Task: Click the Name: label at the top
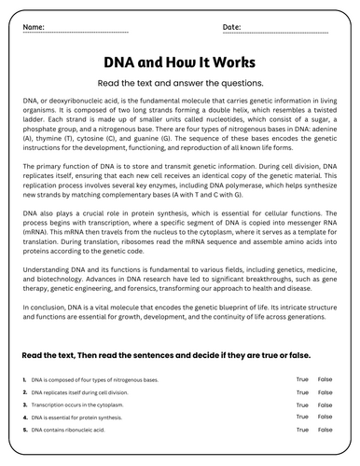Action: pyautogui.click(x=35, y=26)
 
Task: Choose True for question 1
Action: pyautogui.click(x=302, y=379)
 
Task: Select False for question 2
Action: pyautogui.click(x=325, y=392)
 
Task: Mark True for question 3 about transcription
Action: pyautogui.click(x=302, y=405)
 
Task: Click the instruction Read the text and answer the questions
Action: pyautogui.click(x=179, y=81)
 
